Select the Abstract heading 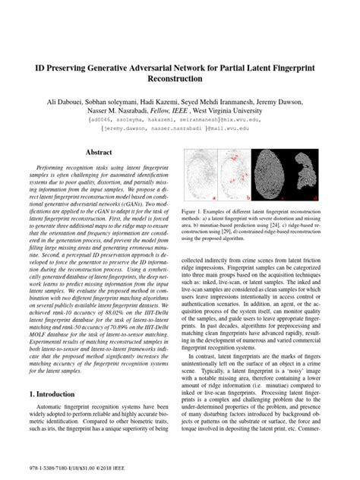(99, 153)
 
